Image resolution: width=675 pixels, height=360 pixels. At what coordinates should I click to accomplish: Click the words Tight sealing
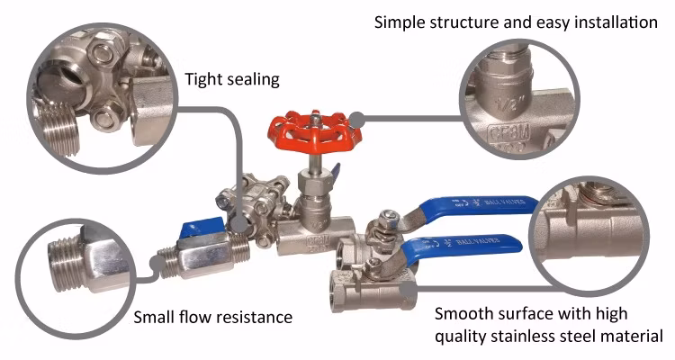click(x=232, y=79)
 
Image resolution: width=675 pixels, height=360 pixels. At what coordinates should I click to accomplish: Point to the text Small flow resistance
click(x=212, y=317)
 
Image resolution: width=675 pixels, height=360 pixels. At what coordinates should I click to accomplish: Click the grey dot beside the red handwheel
click(x=357, y=117)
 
